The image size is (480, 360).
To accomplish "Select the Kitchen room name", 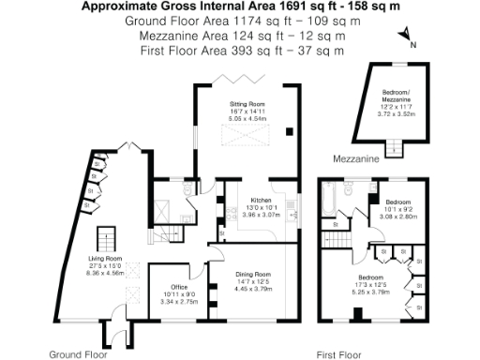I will pyautogui.click(x=260, y=201).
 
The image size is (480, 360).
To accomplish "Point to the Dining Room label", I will pyautogui.click(x=252, y=273).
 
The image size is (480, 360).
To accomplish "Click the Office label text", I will pyautogui.click(x=179, y=287).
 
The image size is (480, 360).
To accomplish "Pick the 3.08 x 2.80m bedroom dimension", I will pyautogui.click(x=397, y=215).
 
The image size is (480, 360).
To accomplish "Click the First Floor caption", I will pyautogui.click(x=338, y=355).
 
